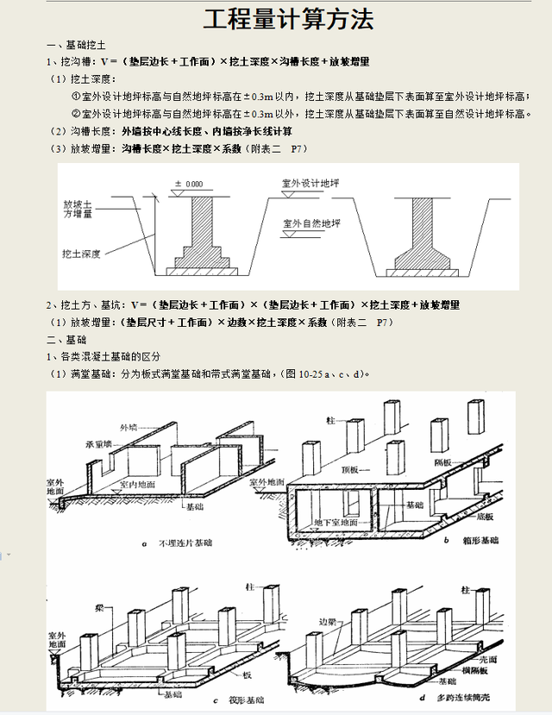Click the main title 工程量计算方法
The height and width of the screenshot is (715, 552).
[276, 20]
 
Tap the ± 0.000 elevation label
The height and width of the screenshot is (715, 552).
[189, 184]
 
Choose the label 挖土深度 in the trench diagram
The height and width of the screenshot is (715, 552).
[82, 254]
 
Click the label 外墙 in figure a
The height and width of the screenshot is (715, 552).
[129, 426]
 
